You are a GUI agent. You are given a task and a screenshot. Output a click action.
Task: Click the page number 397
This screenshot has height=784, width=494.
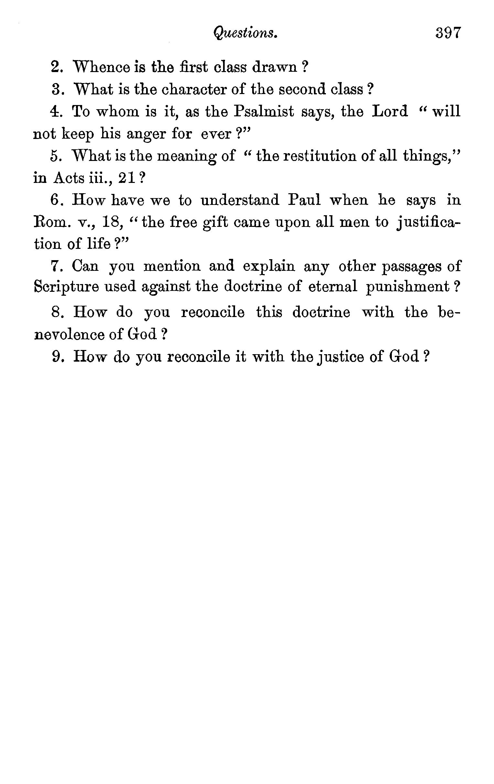coord(448,33)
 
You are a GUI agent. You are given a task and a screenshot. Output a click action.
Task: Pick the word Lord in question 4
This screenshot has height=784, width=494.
coord(390,111)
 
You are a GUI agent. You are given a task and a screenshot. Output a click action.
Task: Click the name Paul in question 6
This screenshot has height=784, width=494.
coord(304,200)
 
